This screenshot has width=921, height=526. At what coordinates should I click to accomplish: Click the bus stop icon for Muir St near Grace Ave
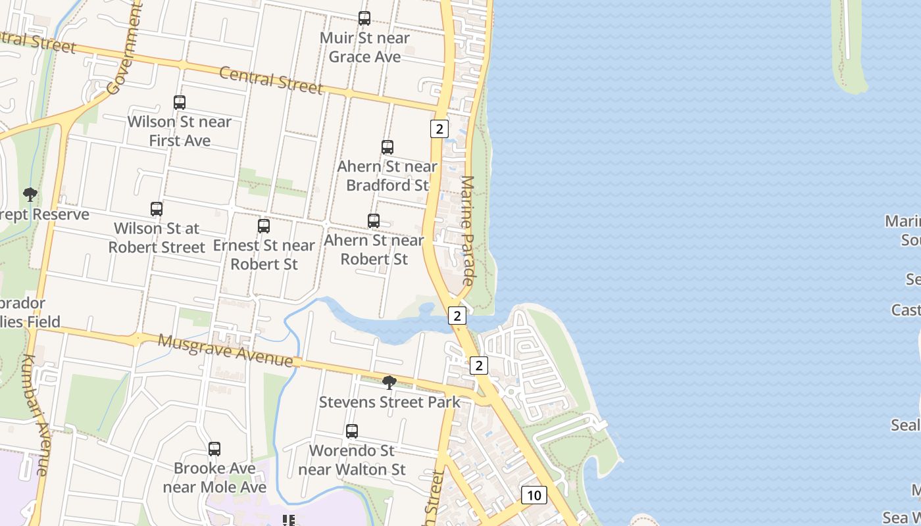click(x=364, y=18)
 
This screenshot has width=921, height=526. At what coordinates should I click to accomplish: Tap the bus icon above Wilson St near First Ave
click(x=180, y=103)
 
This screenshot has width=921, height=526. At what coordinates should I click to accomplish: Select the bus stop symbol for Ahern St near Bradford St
click(x=387, y=147)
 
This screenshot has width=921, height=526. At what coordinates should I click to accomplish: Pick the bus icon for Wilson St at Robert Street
click(x=157, y=209)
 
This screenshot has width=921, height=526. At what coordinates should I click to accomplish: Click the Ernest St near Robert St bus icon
click(x=264, y=226)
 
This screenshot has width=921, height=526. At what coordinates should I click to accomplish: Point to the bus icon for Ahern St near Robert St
click(x=374, y=221)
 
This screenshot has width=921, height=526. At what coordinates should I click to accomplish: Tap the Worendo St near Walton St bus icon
click(x=352, y=431)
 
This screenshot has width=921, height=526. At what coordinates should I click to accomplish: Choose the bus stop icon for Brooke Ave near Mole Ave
click(x=214, y=449)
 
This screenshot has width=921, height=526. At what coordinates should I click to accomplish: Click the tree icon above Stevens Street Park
click(x=389, y=382)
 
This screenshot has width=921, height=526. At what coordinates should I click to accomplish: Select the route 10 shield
click(x=534, y=494)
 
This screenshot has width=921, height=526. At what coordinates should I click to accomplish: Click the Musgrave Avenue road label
click(x=226, y=350)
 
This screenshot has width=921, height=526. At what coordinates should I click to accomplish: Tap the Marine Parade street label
click(x=468, y=230)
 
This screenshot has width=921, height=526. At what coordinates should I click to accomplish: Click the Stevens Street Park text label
click(x=389, y=402)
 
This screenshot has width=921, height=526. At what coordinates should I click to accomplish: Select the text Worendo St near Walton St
click(x=352, y=460)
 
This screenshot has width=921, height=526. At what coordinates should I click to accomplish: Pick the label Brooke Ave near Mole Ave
click(x=214, y=478)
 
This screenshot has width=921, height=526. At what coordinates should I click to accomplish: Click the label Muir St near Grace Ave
click(x=364, y=47)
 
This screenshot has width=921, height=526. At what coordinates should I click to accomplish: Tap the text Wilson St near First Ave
click(x=180, y=131)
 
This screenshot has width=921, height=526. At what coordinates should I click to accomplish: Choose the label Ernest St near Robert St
click(x=264, y=254)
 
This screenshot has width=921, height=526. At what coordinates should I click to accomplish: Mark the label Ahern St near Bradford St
click(x=387, y=176)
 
